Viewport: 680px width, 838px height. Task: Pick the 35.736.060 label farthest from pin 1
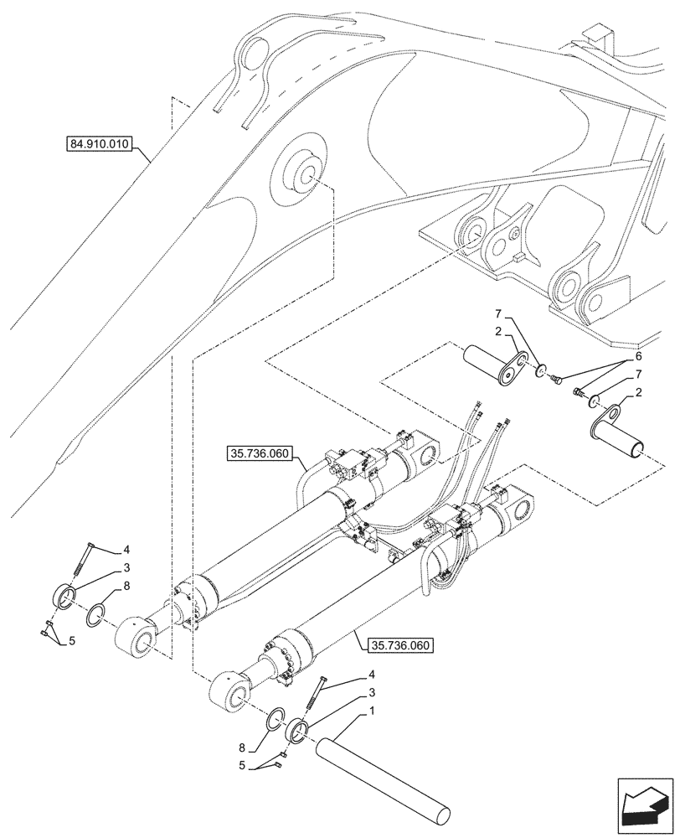pyautogui.click(x=258, y=455)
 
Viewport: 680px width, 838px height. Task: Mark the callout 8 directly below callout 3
pyautogui.click(x=126, y=587)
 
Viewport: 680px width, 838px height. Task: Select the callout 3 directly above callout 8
pyautogui.click(x=126, y=568)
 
